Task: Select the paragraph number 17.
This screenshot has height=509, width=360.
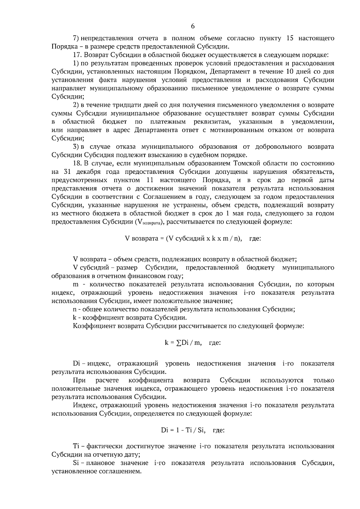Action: click(77, 55)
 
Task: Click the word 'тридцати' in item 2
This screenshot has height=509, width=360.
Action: click(124, 105)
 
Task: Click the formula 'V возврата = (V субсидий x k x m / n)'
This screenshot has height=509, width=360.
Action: click(183, 239)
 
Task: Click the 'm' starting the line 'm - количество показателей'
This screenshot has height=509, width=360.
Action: click(75, 284)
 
